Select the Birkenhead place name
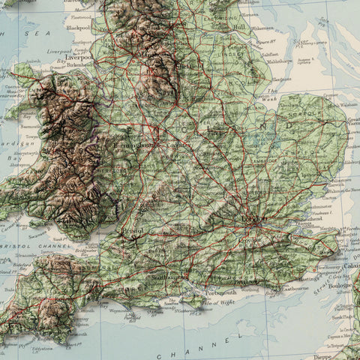tap(78, 64)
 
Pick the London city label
tap(255, 218)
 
